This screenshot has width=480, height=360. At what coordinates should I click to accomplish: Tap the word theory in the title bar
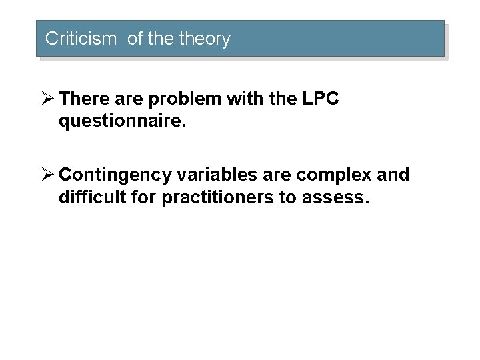coord(206,39)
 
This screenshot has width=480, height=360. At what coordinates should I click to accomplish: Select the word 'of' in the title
coord(135,39)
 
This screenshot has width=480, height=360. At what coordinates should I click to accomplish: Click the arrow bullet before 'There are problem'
coord(49,100)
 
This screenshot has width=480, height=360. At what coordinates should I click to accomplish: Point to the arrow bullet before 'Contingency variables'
coord(49,175)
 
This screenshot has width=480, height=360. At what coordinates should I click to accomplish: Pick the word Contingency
coord(117,175)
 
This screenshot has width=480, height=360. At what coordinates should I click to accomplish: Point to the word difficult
coord(91,197)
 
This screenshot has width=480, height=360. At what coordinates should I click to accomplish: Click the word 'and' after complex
coord(395,175)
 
